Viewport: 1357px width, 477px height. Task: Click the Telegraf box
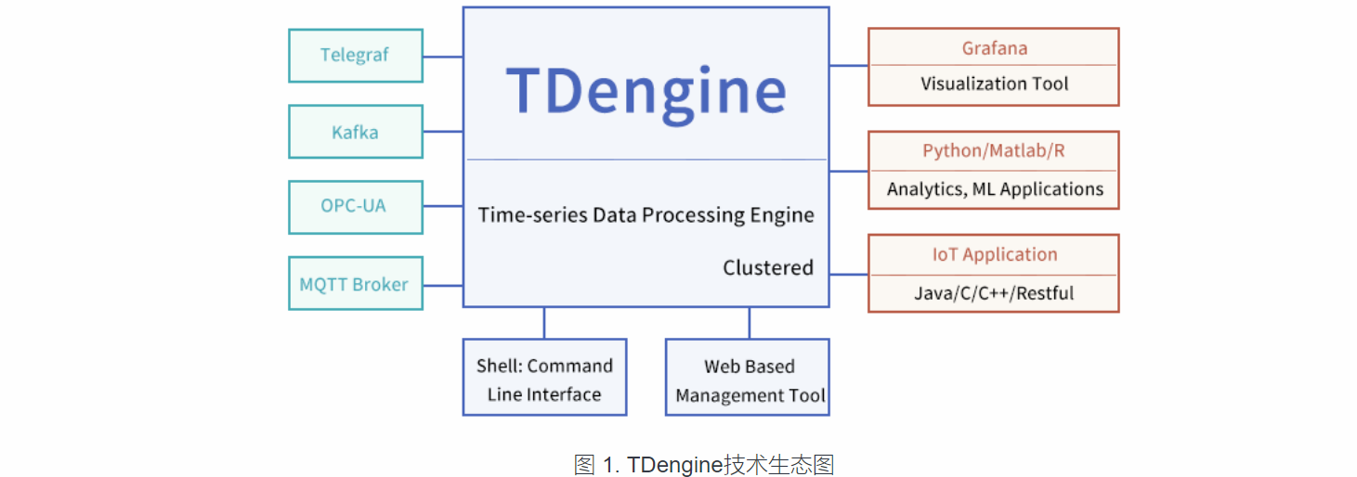click(x=355, y=56)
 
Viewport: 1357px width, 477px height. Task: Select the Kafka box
click(x=355, y=132)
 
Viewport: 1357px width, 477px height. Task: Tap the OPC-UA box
click(x=355, y=207)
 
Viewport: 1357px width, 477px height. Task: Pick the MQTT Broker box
click(x=355, y=284)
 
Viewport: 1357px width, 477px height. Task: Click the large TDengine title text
click(x=646, y=91)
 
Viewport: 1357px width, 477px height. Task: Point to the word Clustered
click(x=768, y=268)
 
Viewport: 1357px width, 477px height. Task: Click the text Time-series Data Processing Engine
click(x=646, y=215)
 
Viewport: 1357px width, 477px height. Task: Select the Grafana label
click(x=994, y=48)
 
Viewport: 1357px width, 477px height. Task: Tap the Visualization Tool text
click(x=994, y=84)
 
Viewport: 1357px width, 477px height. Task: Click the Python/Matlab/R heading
click(x=994, y=151)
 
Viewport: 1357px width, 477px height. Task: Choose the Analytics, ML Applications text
click(x=994, y=189)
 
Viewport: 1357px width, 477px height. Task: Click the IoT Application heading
click(x=994, y=255)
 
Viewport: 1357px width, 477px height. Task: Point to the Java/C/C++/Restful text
click(x=994, y=293)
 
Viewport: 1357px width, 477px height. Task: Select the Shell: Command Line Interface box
click(x=544, y=379)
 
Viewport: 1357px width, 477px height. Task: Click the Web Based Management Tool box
click(x=748, y=379)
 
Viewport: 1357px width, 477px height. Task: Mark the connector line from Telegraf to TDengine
click(x=443, y=57)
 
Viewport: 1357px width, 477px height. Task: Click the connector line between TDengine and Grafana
click(x=848, y=66)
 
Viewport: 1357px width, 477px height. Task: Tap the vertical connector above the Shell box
click(x=544, y=323)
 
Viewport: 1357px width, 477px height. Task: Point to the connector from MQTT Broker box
click(x=443, y=285)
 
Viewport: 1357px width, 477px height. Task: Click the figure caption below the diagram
click(x=677, y=464)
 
